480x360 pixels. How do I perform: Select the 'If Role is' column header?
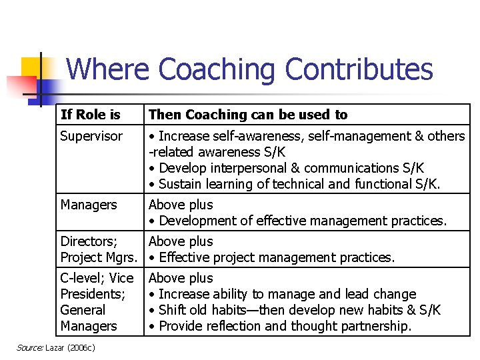(90, 115)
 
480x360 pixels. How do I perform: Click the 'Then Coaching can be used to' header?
(248, 115)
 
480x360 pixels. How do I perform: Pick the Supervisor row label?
(91, 136)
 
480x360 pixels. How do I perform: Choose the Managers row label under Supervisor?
(89, 205)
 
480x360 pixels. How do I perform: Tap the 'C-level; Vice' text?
(97, 278)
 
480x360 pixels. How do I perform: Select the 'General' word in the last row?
(83, 310)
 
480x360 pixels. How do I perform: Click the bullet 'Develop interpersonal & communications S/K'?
(286, 168)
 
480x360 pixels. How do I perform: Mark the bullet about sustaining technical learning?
(295, 184)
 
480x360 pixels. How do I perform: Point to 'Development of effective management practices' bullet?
(297, 221)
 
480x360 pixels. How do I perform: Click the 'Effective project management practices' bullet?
(272, 257)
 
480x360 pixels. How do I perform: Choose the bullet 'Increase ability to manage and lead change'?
(283, 294)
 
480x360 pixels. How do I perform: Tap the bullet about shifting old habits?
(295, 310)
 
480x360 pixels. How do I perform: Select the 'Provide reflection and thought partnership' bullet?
(280, 326)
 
